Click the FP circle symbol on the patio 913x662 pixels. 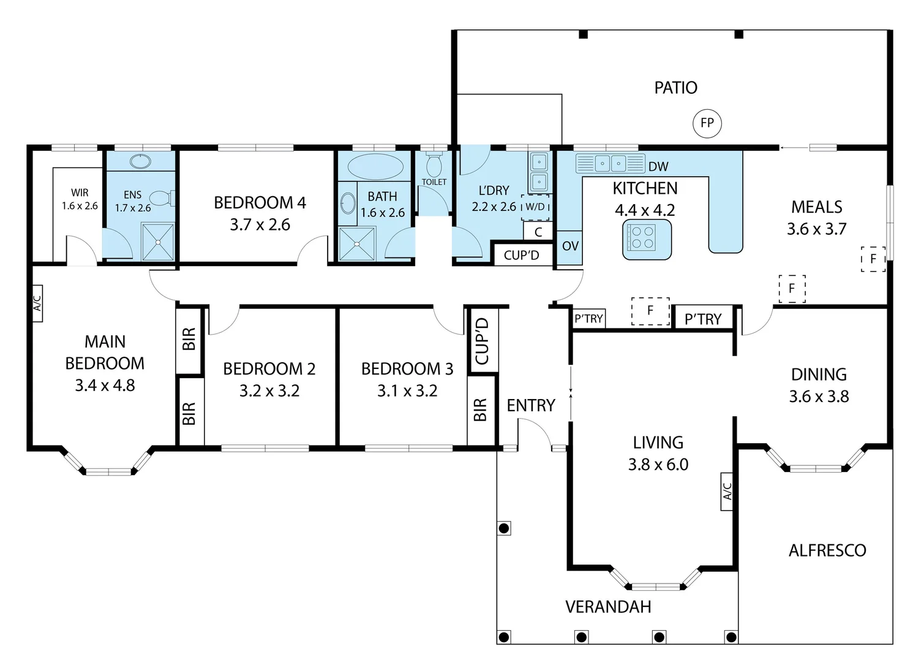[707, 123]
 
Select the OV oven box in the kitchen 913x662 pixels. [569, 246]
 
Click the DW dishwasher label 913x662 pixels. [658, 166]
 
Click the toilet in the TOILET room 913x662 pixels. [434, 165]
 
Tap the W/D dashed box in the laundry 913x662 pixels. [535, 207]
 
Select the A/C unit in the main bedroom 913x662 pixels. [37, 303]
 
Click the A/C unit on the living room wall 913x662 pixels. [727, 491]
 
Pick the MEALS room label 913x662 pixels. [816, 207]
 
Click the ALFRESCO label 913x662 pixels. [827, 550]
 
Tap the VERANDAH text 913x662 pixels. [607, 607]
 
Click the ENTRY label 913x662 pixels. [530, 405]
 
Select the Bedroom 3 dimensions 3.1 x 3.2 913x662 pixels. [407, 391]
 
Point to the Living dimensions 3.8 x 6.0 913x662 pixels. [658, 465]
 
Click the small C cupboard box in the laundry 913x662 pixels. [538, 232]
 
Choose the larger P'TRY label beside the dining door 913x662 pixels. [702, 319]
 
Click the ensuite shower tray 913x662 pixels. [158, 242]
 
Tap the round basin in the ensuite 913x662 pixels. [140, 162]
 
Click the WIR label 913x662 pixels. [80, 193]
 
